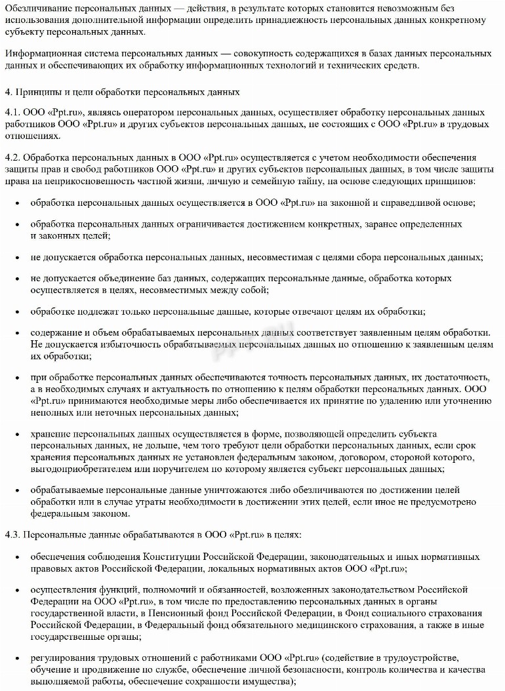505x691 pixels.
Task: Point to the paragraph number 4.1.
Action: click(x=11, y=113)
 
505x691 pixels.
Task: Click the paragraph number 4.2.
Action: click(x=11, y=158)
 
